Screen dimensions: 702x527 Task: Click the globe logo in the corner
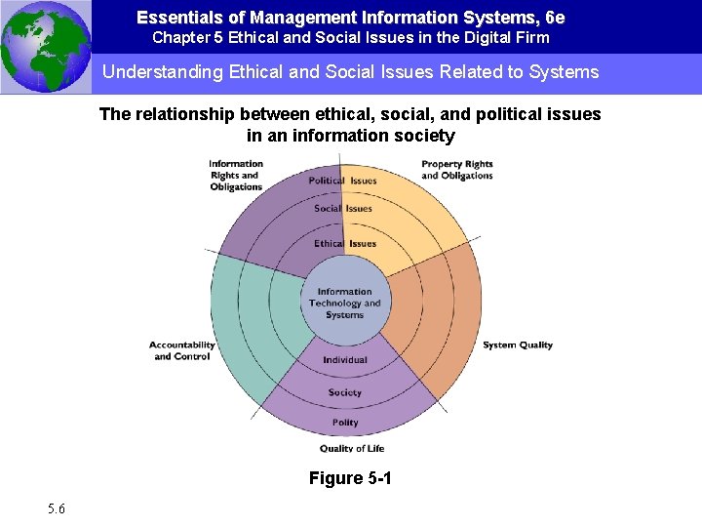(45, 46)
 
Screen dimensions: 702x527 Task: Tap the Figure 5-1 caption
(350, 478)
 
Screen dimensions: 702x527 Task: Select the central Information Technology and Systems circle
(344, 302)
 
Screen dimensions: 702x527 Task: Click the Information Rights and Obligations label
(236, 176)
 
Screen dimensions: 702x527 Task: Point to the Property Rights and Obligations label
(456, 170)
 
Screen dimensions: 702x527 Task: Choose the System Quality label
(517, 345)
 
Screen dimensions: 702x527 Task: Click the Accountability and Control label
(182, 350)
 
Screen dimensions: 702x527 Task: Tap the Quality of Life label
(351, 449)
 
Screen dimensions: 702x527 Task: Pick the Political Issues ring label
(342, 181)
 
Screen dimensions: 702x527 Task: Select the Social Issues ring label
(342, 208)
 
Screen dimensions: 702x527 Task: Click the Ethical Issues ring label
(344, 243)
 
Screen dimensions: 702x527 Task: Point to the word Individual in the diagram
(345, 360)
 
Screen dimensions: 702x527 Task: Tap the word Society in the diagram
(345, 392)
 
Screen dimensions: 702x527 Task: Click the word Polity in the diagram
(345, 423)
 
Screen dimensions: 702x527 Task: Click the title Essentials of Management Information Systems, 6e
(350, 18)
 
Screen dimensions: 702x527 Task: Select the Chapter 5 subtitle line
(350, 38)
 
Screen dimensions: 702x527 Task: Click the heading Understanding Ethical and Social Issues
(350, 72)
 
